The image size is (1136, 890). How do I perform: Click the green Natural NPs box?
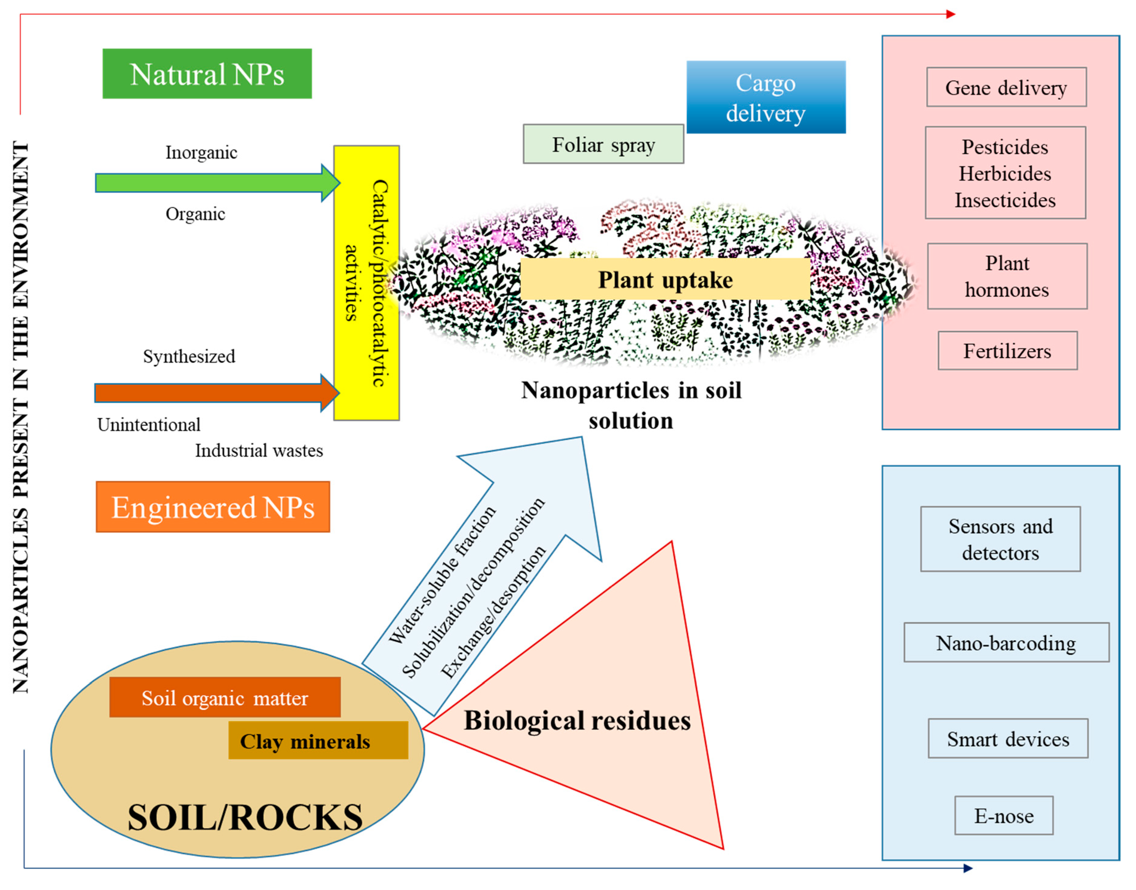pyautogui.click(x=207, y=74)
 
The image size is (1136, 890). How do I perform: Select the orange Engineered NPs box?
pyautogui.click(x=213, y=506)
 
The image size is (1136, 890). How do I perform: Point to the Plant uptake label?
pyautogui.click(x=665, y=280)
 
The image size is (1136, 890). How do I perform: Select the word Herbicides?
pyautogui.click(x=1004, y=173)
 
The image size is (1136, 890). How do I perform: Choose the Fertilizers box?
pyautogui.click(x=1007, y=351)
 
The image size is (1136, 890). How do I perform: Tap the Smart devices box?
pyautogui.click(x=1007, y=738)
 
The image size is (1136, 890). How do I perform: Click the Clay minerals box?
pyautogui.click(x=318, y=740)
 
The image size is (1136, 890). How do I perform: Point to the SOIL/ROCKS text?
pyautogui.click(x=245, y=817)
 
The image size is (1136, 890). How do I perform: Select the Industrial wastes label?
pyautogui.click(x=258, y=450)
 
